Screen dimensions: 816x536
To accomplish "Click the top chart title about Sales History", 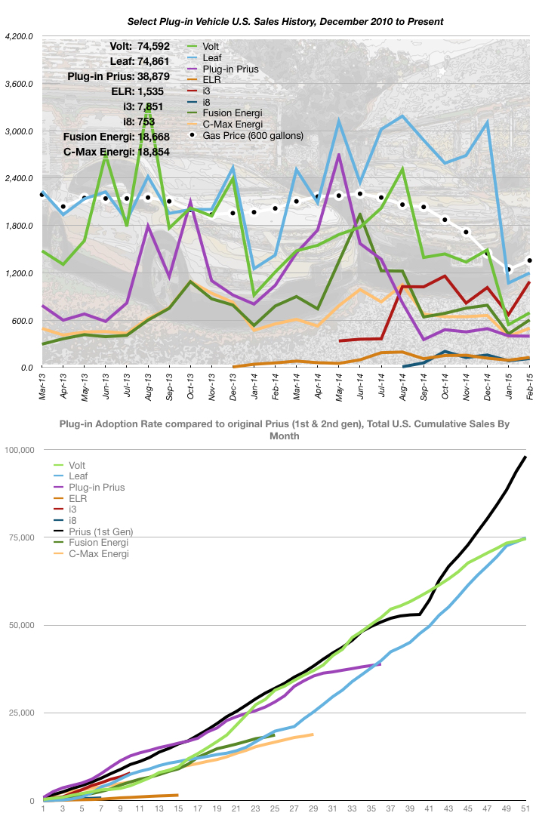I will coord(268,21).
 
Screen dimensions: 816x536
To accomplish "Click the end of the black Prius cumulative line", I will coord(525,457).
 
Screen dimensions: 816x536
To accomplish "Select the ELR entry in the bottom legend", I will coord(79,498).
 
